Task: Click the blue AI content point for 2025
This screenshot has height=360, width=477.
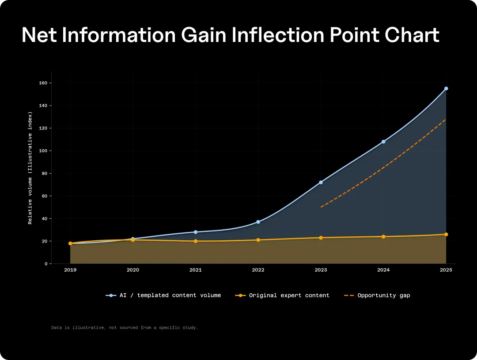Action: click(446, 88)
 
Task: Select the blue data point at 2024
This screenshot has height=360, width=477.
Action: click(383, 142)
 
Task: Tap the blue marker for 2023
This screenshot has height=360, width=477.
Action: click(321, 182)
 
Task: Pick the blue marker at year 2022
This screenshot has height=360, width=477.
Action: click(258, 222)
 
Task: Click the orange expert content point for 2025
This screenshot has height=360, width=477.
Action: click(446, 235)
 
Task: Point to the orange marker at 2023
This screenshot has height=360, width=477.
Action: click(321, 238)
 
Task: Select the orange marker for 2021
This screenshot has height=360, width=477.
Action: click(196, 241)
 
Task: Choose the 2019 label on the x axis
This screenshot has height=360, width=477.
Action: click(70, 269)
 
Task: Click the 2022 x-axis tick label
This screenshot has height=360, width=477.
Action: click(258, 269)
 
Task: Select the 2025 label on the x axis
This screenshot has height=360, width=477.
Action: click(446, 269)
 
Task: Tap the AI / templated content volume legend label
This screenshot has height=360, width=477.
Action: click(170, 296)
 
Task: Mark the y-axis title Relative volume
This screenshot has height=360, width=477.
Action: click(30, 168)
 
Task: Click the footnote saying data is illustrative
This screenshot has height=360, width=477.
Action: click(125, 328)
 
